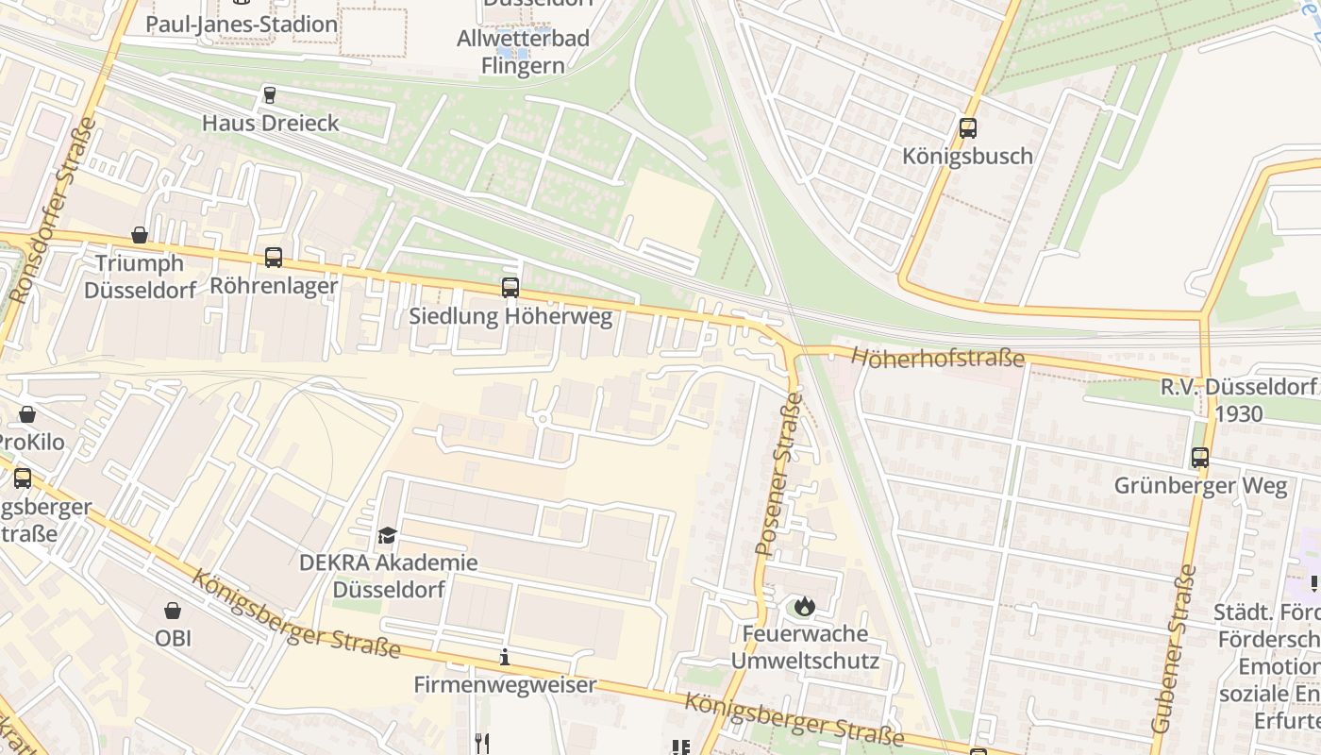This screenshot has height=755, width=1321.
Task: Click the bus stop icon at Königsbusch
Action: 967,128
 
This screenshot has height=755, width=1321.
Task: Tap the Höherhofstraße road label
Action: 937,358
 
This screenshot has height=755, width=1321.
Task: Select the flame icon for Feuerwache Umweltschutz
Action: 804,605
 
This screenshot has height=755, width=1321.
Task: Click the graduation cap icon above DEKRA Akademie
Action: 387,536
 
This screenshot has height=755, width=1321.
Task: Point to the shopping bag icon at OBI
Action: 173,611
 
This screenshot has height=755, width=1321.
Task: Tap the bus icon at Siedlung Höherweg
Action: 510,288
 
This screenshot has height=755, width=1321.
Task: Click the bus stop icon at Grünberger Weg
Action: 1199,458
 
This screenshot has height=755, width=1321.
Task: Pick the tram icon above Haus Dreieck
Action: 270,94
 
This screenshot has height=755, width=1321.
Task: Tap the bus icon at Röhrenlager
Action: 274,257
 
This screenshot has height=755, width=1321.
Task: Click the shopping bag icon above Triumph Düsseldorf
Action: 140,234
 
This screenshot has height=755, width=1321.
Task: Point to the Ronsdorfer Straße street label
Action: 53,210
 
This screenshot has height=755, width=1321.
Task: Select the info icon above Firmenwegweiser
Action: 505,657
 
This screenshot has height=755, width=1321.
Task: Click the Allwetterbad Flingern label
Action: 523,52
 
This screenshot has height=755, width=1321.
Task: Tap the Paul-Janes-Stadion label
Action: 242,24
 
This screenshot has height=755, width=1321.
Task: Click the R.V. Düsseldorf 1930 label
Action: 1237,400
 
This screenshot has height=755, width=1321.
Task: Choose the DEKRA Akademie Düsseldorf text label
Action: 389,576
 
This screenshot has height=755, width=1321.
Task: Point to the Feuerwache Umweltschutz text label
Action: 805,646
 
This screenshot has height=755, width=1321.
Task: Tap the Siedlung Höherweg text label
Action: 510,316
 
